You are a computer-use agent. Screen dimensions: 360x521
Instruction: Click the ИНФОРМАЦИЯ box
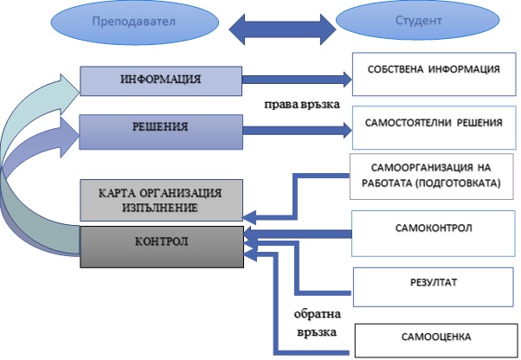tap(161, 80)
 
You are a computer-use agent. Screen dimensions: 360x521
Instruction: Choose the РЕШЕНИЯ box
tap(161, 129)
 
